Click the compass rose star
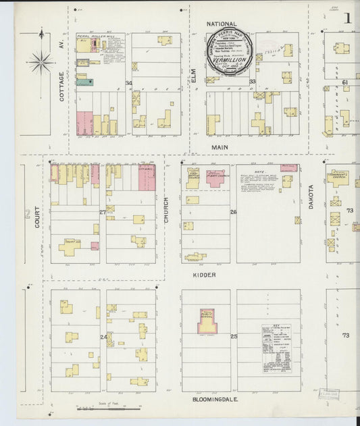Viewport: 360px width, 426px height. [x=41, y=62]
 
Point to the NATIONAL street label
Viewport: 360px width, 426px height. [x=222, y=24]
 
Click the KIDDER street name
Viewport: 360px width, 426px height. [x=203, y=275]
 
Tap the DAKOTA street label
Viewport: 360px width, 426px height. [x=311, y=196]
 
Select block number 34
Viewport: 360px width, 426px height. [x=128, y=82]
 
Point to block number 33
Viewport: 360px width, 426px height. [x=252, y=82]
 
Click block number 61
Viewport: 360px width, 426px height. [x=344, y=82]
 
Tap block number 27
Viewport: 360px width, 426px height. [x=103, y=212]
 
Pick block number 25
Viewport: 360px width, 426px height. [x=234, y=336]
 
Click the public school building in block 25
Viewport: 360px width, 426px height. [x=206, y=322]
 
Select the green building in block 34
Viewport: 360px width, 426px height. [x=85, y=82]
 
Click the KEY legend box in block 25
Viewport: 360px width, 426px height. [x=276, y=348]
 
